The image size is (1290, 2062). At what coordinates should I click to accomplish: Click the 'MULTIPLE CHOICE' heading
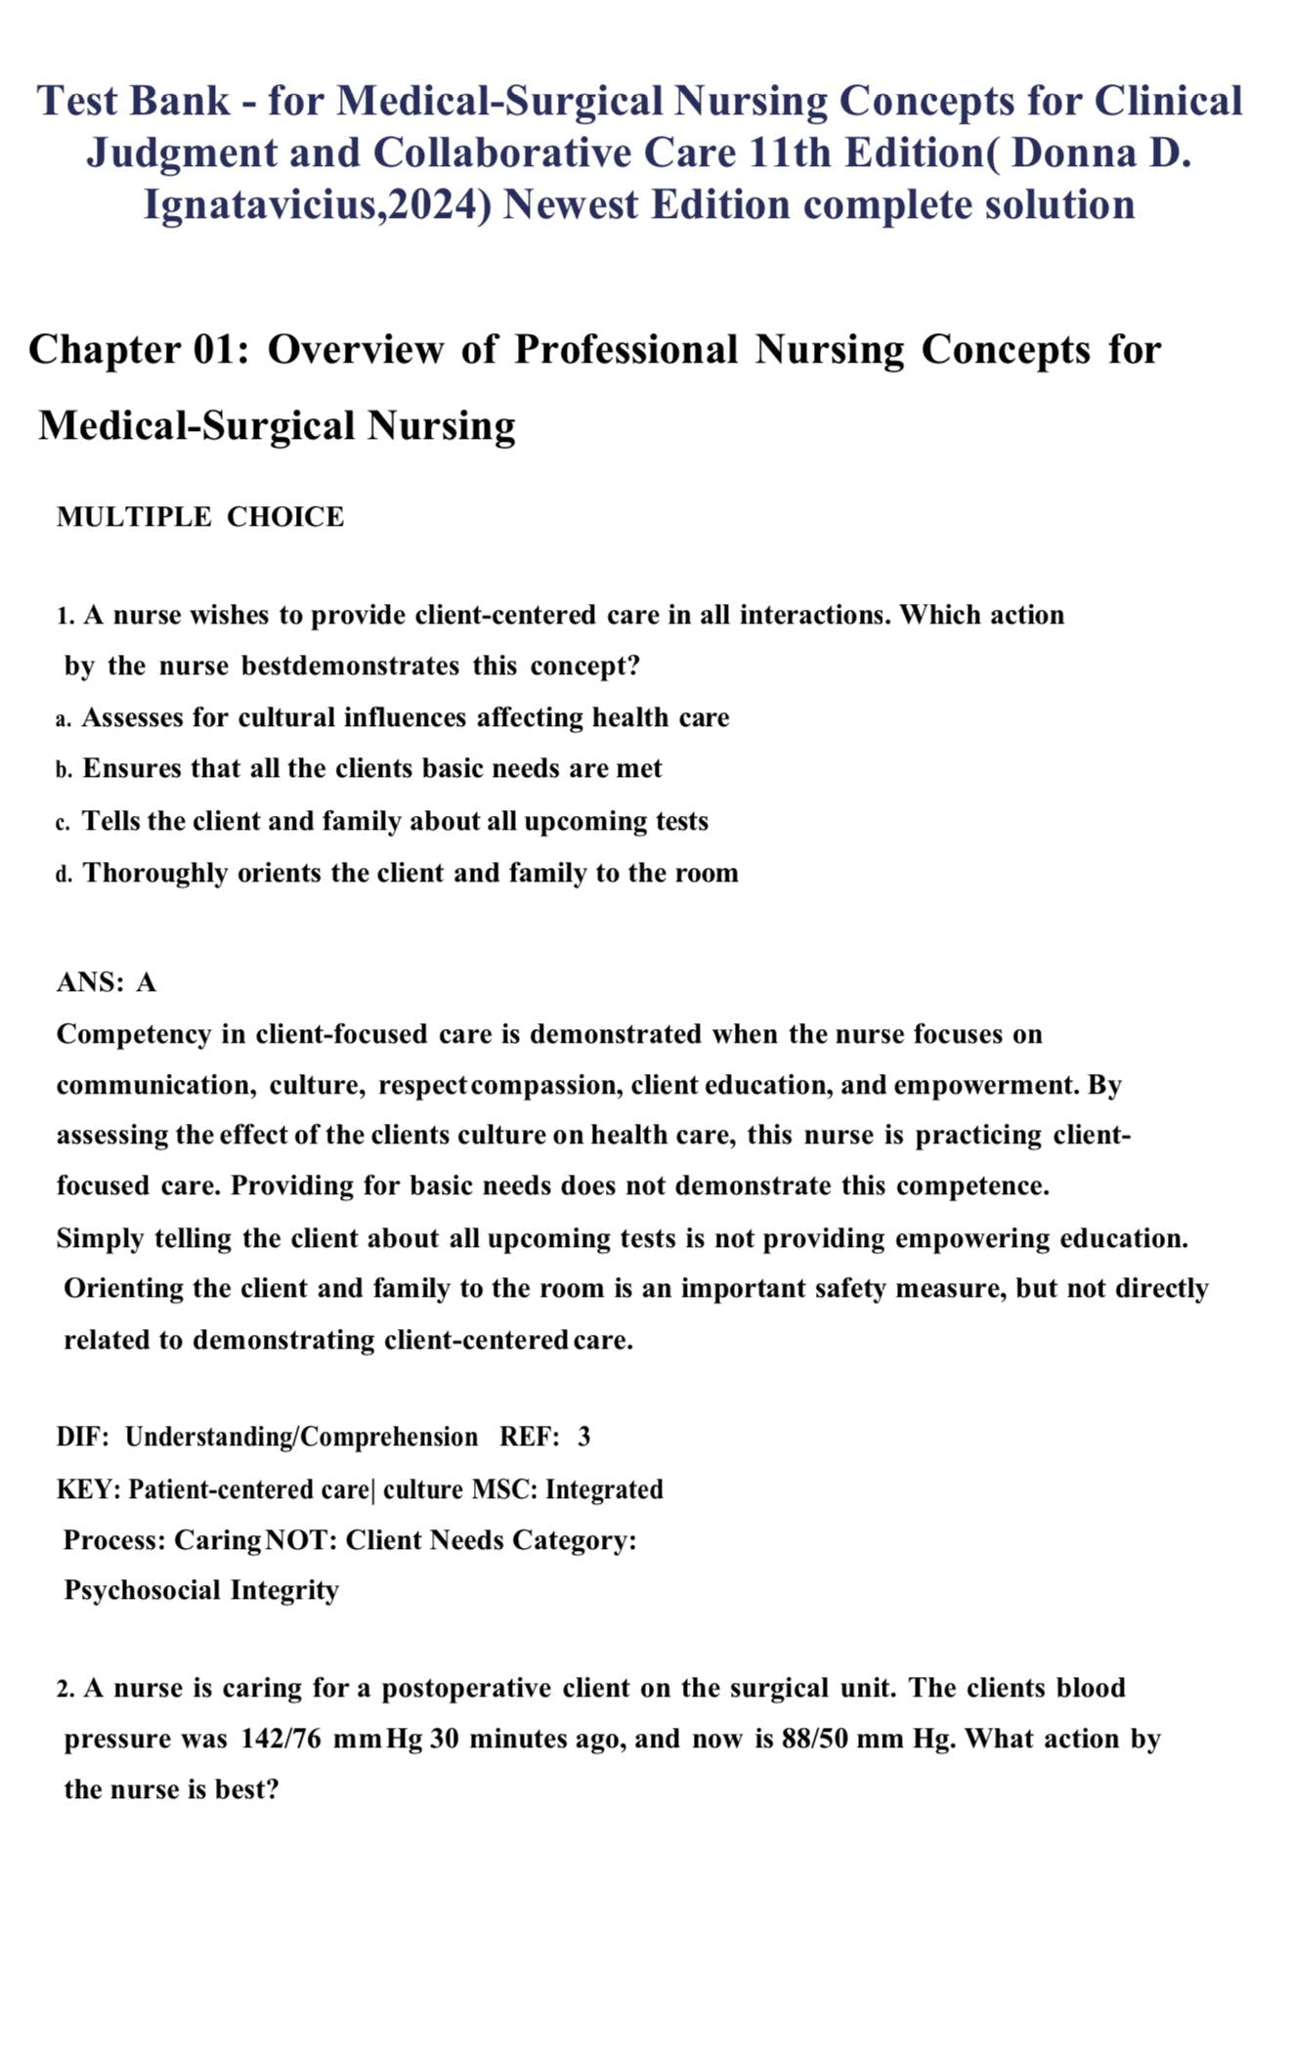pyautogui.click(x=200, y=517)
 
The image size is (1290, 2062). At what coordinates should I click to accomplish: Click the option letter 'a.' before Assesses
pyautogui.click(x=64, y=719)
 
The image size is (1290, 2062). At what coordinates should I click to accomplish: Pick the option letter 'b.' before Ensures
pyautogui.click(x=64, y=770)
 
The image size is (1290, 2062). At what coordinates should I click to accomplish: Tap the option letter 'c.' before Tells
pyautogui.click(x=64, y=823)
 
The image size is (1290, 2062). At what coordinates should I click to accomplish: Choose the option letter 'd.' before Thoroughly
pyautogui.click(x=64, y=874)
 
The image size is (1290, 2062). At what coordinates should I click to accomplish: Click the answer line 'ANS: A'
pyautogui.click(x=107, y=982)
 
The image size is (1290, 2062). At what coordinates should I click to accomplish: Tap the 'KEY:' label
pyautogui.click(x=89, y=1489)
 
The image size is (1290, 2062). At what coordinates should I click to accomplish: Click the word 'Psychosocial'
pyautogui.click(x=143, y=1590)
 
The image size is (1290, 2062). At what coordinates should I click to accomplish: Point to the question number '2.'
pyautogui.click(x=65, y=1689)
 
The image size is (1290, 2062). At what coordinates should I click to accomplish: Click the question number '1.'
pyautogui.click(x=65, y=616)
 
